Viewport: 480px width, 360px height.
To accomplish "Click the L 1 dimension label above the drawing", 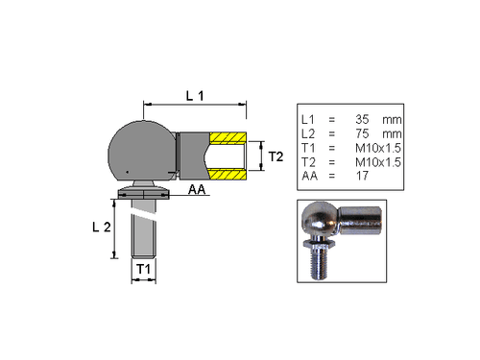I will click(x=195, y=94).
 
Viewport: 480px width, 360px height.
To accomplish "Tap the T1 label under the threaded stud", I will click(x=142, y=271).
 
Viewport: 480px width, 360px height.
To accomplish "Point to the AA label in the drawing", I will click(x=199, y=191).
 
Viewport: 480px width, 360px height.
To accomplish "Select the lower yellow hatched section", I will click(x=227, y=174).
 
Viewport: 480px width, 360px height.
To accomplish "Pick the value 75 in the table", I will click(x=362, y=132).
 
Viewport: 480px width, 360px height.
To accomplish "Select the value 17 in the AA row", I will click(x=362, y=176).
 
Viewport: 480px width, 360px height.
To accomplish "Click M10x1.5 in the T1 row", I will click(x=377, y=147).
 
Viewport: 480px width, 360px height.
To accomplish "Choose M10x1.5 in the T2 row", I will click(x=377, y=161).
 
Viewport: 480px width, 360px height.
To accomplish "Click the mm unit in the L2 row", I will click(x=391, y=132).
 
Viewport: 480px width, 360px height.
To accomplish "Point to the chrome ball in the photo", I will click(x=320, y=219).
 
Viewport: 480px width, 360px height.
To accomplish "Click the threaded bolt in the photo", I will click(x=320, y=262).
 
